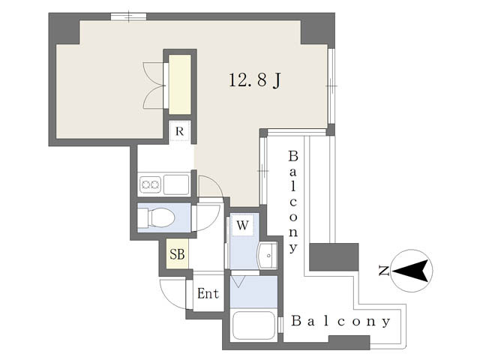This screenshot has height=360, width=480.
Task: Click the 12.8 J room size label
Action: (x=255, y=80)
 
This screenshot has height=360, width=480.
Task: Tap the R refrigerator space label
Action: (x=180, y=131)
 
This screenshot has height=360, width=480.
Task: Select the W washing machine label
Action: (x=242, y=226)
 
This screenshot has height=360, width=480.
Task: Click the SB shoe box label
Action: (x=177, y=254)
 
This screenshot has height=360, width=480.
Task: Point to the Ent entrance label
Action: (x=208, y=293)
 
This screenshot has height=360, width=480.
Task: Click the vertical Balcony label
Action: (x=293, y=202)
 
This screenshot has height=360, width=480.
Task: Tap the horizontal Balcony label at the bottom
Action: (x=341, y=321)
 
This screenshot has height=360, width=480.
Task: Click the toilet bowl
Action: (x=160, y=217)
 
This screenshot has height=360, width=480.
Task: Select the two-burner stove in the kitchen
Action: (x=150, y=184)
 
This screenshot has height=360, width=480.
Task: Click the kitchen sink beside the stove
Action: (x=176, y=184)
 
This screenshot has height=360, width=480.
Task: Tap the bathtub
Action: (x=253, y=325)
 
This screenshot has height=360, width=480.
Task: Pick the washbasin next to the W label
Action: (x=268, y=255)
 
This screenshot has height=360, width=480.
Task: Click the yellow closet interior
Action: (x=180, y=85)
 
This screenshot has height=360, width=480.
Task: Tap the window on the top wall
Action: (x=128, y=16)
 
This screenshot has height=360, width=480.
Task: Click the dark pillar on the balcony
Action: (x=334, y=256)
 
